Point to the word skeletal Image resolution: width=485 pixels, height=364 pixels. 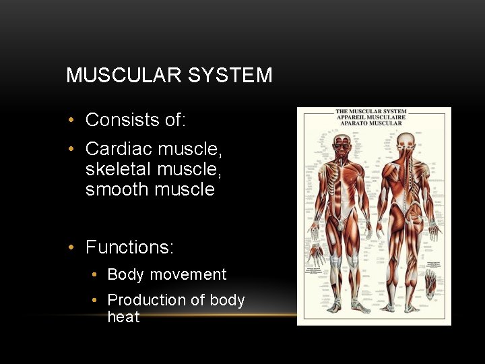(117, 169)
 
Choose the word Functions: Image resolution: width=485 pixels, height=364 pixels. (129, 247)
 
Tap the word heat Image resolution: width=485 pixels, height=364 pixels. (123, 317)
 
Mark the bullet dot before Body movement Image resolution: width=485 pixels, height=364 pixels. (95, 275)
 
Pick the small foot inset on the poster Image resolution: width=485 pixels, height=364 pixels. (430, 282)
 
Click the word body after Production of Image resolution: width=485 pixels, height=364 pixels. (227, 300)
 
